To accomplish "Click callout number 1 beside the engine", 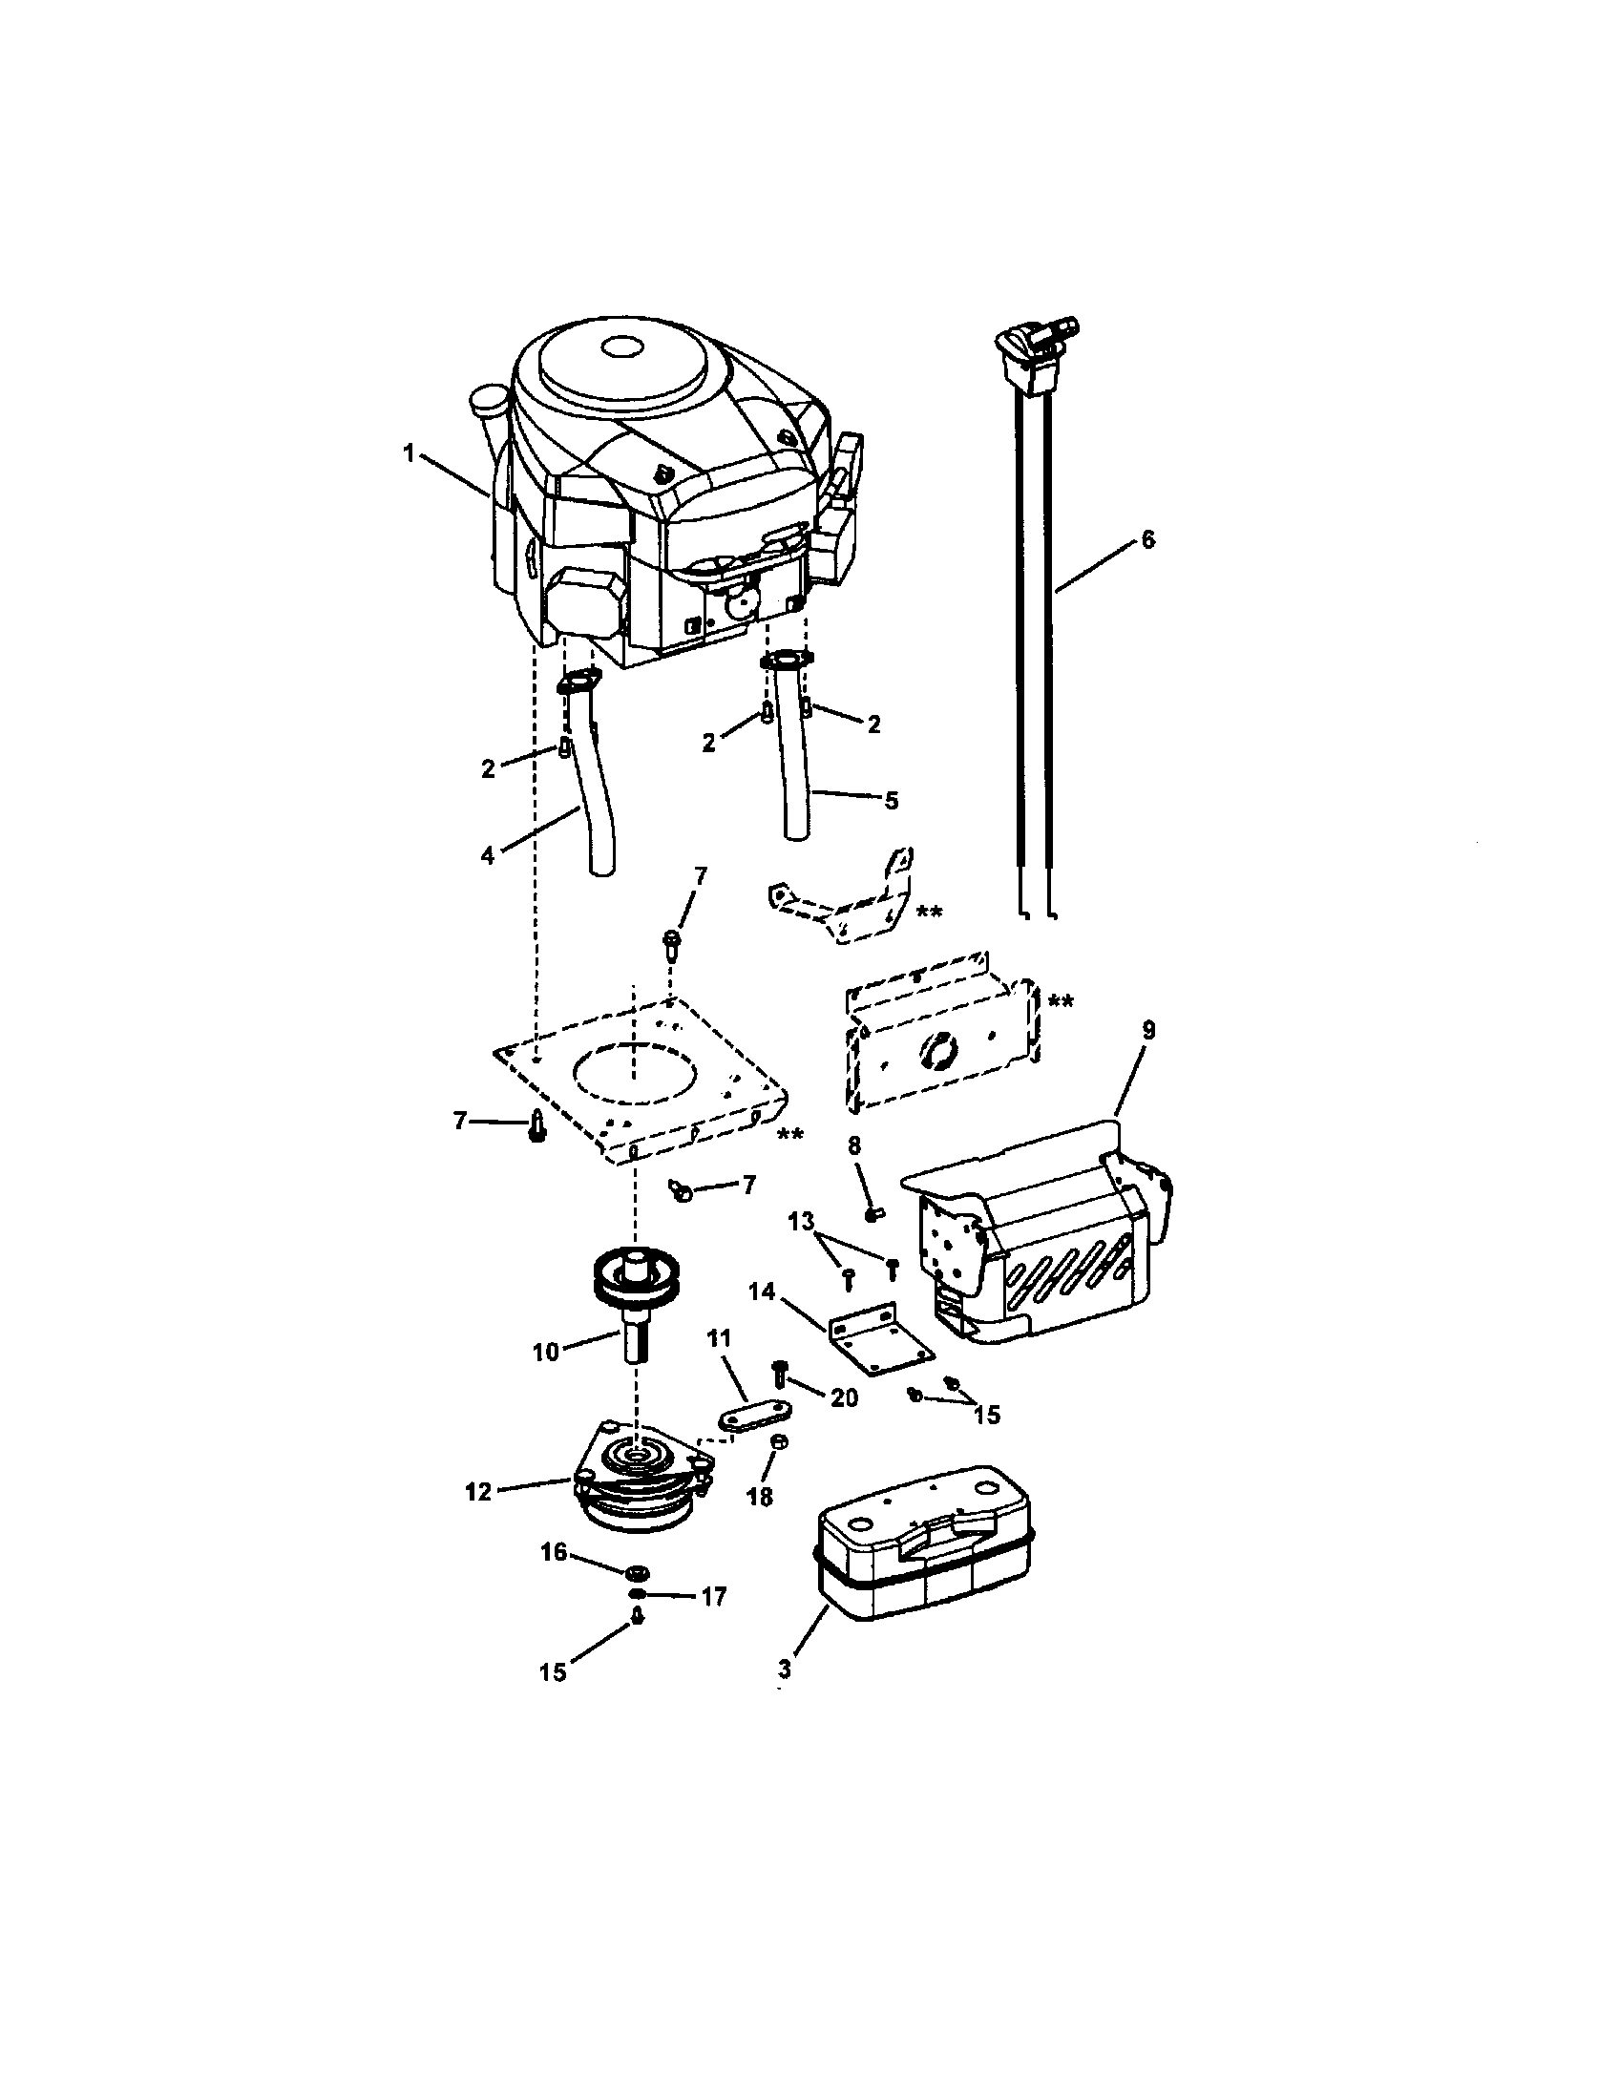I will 410,452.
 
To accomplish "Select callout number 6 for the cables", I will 1147,539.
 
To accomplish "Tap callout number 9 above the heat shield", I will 1148,1031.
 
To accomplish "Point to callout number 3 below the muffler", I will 786,1669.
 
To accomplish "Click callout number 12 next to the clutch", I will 478,1492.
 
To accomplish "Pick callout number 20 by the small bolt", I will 844,1398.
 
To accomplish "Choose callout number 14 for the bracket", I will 762,1291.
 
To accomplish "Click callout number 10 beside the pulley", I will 545,1352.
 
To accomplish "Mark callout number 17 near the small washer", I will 713,1596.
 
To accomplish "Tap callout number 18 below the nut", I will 760,1498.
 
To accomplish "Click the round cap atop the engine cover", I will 622,347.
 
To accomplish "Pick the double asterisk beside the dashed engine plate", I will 790,1136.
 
